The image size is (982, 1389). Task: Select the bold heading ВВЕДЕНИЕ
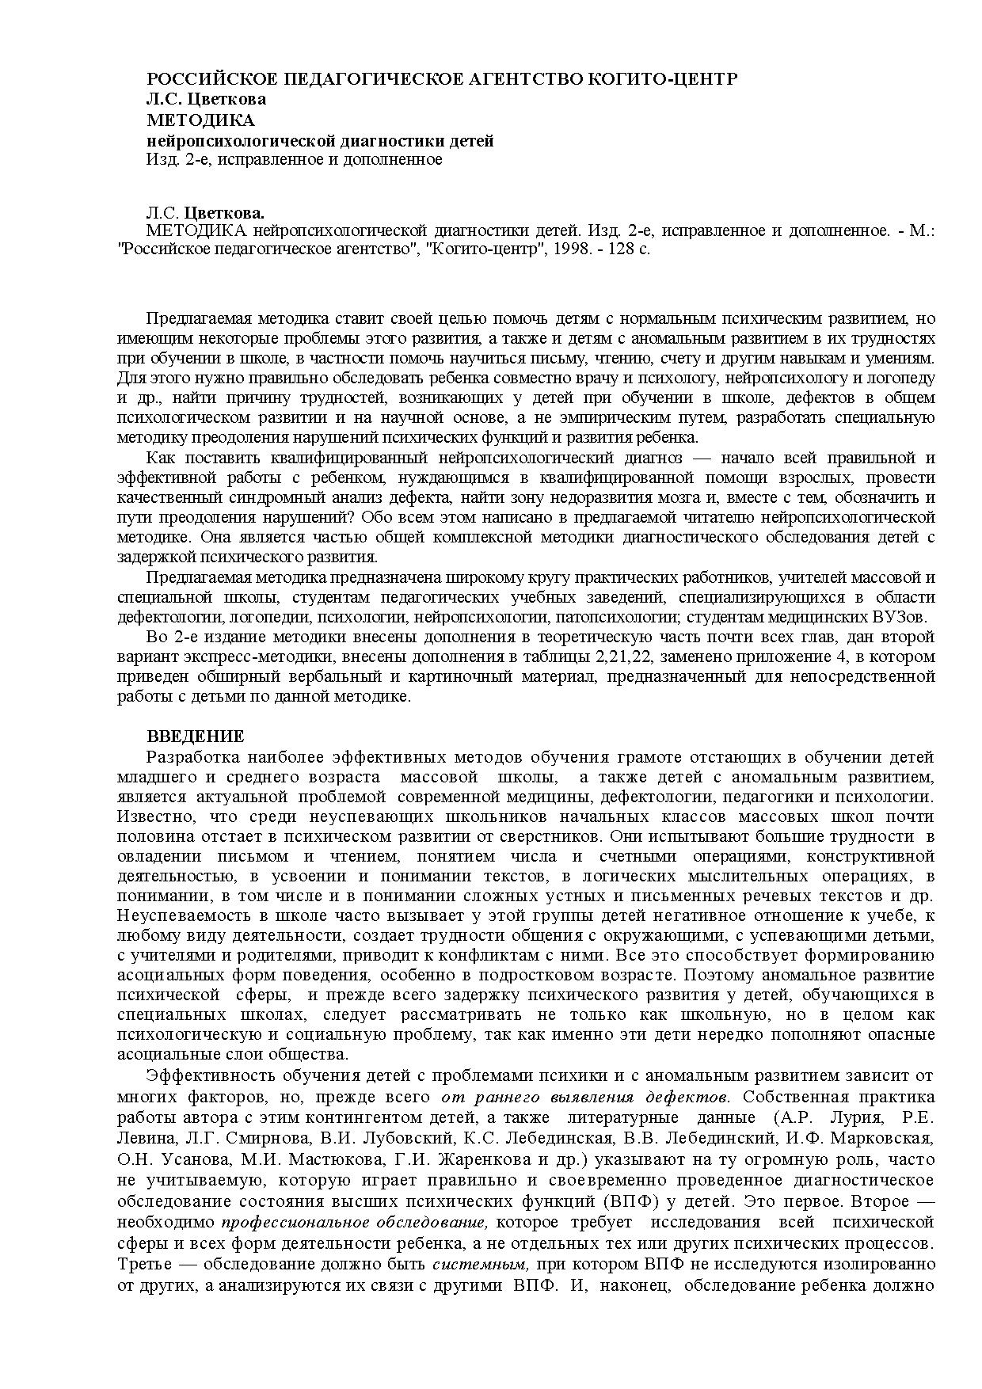point(196,736)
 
